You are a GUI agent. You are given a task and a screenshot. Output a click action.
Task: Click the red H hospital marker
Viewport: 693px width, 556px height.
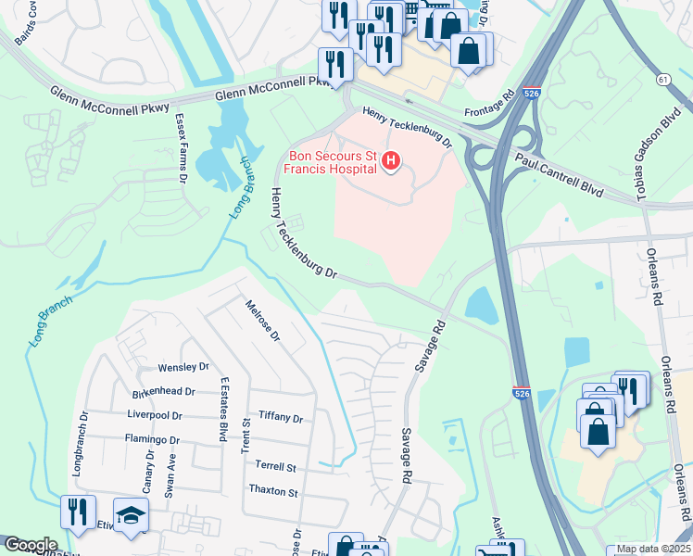point(391,162)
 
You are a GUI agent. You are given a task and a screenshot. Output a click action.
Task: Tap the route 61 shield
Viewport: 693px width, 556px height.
point(664,81)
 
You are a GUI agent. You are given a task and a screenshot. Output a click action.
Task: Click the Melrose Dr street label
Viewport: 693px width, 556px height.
point(262,321)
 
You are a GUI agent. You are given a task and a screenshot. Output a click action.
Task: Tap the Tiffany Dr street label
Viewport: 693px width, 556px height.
point(281,418)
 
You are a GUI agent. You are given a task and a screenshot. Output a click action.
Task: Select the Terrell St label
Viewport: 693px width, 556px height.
point(276,467)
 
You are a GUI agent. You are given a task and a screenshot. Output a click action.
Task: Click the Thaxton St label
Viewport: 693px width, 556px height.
point(273,491)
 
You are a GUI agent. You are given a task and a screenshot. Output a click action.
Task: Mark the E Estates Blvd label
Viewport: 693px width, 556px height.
point(224,411)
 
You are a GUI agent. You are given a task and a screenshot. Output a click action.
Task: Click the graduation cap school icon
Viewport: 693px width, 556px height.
point(131,514)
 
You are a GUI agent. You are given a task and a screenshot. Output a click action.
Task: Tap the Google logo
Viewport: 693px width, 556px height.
point(31,545)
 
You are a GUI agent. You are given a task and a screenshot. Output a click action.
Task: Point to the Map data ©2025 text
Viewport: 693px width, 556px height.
point(652,549)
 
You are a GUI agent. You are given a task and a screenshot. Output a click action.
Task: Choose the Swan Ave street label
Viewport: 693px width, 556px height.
point(170,475)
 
